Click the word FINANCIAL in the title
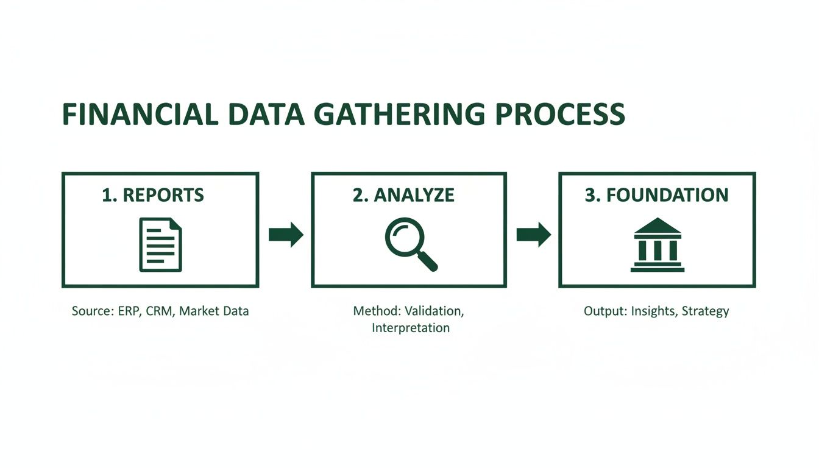coord(140,115)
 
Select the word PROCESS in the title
coord(560,115)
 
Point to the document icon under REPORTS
coord(160,244)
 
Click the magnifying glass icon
coord(410,244)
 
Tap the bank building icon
coord(657,245)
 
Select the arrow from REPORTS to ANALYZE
coord(286,235)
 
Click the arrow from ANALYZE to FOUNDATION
coord(533,235)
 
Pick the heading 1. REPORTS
coord(153,195)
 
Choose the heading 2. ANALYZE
coord(403,195)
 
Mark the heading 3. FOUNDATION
coord(656,195)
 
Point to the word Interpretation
coord(410,328)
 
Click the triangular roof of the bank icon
coord(657,227)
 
